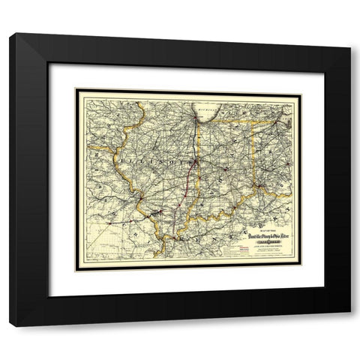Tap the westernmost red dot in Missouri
point(112,217)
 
